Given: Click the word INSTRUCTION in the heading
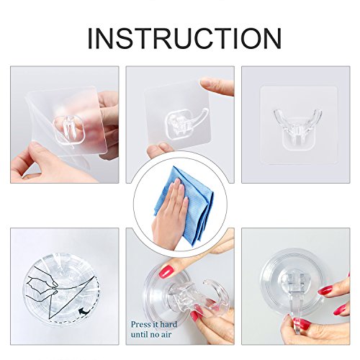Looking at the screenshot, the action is pos(184,38).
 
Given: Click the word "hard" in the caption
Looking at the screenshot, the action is pos(168,325).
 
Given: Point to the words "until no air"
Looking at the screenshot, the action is pos(151,334).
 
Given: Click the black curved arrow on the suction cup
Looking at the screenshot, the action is pos(84,312).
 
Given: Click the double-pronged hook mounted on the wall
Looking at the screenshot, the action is pos(297,128).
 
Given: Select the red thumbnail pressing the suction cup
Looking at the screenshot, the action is pos(166,271).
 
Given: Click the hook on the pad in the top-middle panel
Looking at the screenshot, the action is pos(185,125).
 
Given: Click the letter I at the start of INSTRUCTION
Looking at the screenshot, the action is pos(90,38).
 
